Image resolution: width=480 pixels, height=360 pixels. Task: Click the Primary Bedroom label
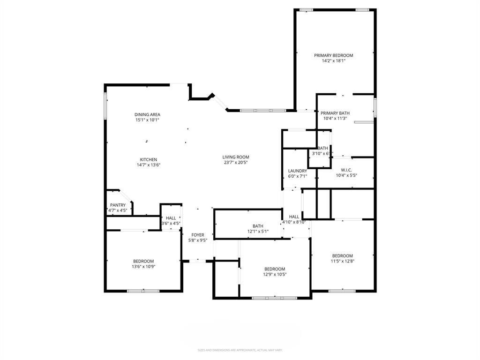click(x=333, y=55)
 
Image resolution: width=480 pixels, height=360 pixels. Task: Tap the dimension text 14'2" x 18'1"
click(x=333, y=61)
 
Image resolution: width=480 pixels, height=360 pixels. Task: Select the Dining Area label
click(x=147, y=114)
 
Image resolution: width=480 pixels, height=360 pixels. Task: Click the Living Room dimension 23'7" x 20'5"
click(x=235, y=163)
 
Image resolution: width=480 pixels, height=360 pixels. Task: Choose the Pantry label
click(x=118, y=205)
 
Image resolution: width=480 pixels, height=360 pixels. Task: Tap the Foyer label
click(x=197, y=235)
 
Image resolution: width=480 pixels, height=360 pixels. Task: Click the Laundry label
click(x=297, y=171)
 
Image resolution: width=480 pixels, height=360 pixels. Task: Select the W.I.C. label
click(x=346, y=170)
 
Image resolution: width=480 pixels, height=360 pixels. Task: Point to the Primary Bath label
click(x=335, y=112)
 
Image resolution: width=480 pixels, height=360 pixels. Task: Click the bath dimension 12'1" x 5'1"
click(x=258, y=232)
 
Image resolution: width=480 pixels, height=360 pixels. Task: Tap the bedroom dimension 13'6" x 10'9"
click(x=143, y=267)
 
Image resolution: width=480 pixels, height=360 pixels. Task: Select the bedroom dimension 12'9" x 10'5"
click(x=274, y=275)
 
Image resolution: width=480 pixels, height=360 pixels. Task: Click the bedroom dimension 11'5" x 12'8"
click(x=342, y=261)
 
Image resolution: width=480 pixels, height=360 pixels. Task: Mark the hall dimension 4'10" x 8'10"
click(x=294, y=222)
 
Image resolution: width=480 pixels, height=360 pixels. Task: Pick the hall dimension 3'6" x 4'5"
click(x=171, y=224)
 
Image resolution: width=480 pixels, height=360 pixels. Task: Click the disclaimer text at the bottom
click(x=240, y=350)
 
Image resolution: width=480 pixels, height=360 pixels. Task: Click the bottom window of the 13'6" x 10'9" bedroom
click(x=143, y=291)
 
